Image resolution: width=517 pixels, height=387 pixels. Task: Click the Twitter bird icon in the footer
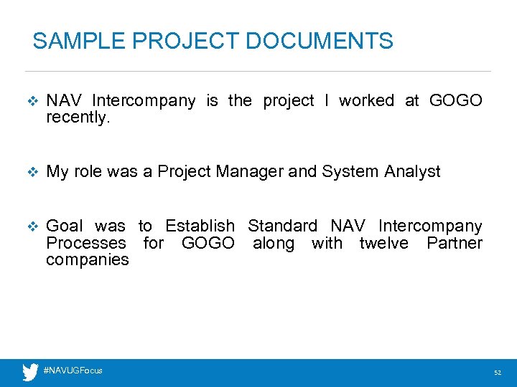click(x=30, y=372)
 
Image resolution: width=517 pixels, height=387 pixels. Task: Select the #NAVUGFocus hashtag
click(x=73, y=371)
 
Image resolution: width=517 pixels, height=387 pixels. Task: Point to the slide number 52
click(x=497, y=373)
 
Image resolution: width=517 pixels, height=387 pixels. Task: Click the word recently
click(x=78, y=118)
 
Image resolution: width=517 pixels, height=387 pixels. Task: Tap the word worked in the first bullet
click(x=366, y=101)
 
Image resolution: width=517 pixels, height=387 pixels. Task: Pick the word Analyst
click(x=412, y=171)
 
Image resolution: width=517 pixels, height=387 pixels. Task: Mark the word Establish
click(x=200, y=226)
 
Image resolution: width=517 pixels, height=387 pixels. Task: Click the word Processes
click(x=85, y=243)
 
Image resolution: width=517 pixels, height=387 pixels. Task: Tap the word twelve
click(x=383, y=243)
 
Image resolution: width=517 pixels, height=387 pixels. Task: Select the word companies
click(x=87, y=259)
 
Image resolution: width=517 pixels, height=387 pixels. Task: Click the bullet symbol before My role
click(x=30, y=172)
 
